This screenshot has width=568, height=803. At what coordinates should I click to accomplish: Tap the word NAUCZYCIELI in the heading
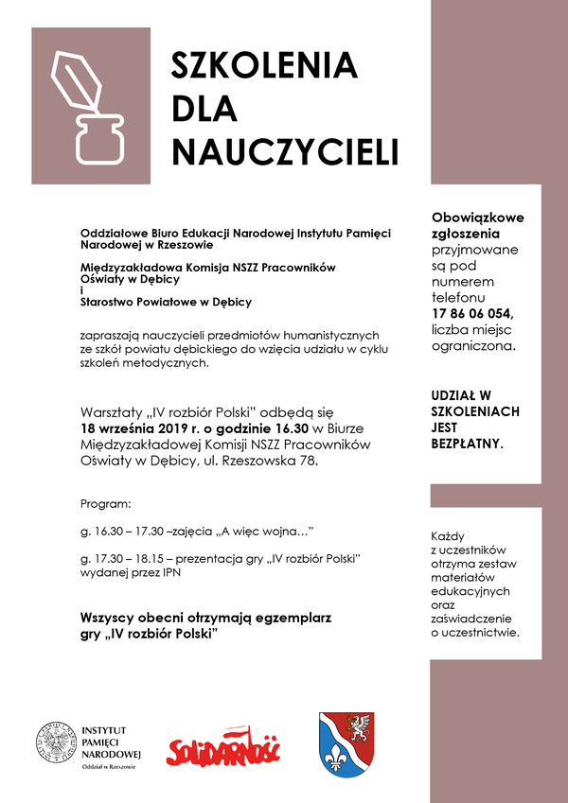(284, 152)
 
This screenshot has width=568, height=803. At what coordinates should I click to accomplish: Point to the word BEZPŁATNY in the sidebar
(467, 443)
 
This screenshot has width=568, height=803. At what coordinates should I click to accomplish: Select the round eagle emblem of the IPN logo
(56, 742)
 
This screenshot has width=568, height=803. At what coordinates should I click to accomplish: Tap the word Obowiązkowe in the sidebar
(477, 218)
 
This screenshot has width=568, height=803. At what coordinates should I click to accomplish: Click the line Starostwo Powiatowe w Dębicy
(166, 303)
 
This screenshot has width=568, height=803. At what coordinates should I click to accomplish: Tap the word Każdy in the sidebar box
(447, 534)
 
